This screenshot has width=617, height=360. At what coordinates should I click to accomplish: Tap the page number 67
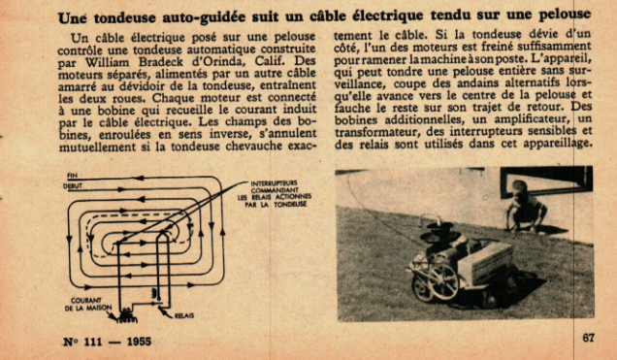[x=588, y=338]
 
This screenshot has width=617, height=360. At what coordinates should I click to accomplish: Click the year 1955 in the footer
[x=139, y=342]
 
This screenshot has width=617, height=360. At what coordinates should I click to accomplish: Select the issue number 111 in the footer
[x=93, y=342]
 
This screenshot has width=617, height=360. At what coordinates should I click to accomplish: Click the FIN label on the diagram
[x=72, y=176]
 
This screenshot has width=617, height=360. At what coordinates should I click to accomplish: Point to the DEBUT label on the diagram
[x=73, y=186]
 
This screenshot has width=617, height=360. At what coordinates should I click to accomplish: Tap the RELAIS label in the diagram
[x=184, y=315]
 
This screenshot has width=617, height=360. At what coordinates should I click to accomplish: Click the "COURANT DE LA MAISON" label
[x=87, y=304]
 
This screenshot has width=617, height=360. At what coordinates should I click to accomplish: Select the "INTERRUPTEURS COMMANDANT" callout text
[x=275, y=186]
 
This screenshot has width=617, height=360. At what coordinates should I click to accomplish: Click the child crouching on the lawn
[x=525, y=206]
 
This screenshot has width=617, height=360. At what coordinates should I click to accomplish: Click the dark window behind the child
[x=546, y=181]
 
